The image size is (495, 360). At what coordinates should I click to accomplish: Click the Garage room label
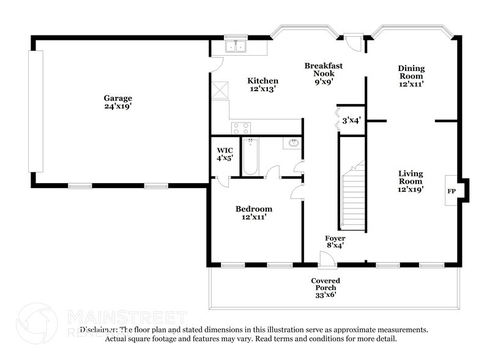(117, 98)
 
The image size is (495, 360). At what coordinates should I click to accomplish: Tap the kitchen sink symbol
(234, 47)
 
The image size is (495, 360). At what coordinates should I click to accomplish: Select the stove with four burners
(240, 128)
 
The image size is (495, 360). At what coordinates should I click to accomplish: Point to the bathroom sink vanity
(292, 143)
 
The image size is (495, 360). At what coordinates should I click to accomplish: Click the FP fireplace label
(452, 191)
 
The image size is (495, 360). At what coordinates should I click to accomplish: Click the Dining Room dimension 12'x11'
(411, 84)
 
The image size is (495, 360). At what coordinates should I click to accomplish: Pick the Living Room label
(411, 177)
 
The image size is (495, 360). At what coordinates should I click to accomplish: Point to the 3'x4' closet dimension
(351, 121)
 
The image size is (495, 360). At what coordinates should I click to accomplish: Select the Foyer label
(335, 238)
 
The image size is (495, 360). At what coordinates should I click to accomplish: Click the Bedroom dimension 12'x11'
(254, 217)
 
